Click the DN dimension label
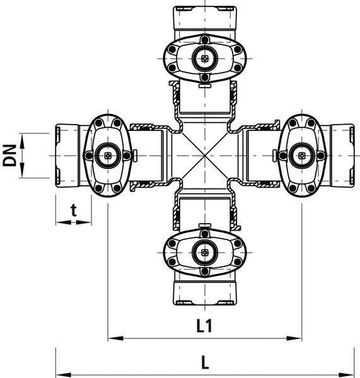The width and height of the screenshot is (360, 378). pos(9,156)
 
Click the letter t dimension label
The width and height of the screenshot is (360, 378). pos(74,210)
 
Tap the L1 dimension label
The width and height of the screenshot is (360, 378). pos(204,326)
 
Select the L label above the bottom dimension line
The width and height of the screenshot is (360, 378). pos(205,362)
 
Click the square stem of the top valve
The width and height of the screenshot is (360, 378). pos(205,59)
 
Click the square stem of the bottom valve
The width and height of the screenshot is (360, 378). pos(205,253)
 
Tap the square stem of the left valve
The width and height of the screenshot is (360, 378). pos(108,156)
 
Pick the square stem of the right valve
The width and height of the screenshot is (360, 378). pos(301,156)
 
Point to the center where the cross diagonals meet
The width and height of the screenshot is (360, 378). pos(205,156)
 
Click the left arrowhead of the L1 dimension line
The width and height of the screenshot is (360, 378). pos(115,338)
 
